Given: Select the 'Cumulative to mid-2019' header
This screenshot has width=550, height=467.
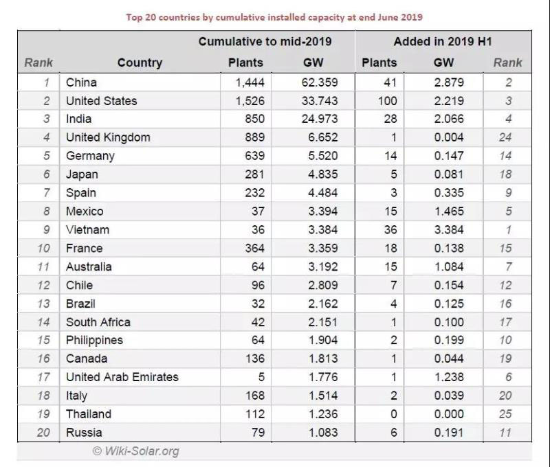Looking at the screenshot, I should [x=265, y=42].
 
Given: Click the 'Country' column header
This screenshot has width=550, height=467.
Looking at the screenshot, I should [x=140, y=62].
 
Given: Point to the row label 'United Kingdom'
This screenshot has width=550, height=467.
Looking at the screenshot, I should [x=108, y=137].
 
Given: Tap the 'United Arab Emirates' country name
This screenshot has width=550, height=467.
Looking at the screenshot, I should [x=122, y=377].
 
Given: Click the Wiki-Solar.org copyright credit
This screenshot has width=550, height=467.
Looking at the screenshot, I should [x=136, y=451].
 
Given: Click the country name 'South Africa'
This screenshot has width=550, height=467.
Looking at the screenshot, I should [x=98, y=322].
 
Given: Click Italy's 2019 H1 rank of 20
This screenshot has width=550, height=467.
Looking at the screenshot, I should [x=507, y=396].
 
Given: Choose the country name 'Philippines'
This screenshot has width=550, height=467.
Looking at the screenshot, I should [x=94, y=341].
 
